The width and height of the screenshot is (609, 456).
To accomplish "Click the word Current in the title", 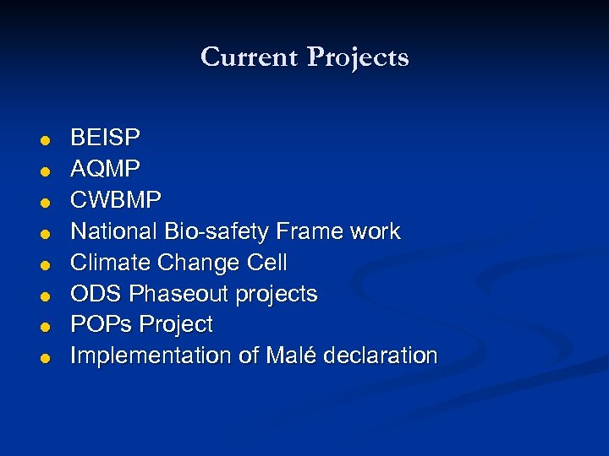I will (250, 57).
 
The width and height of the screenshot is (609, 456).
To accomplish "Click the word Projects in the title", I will (358, 58).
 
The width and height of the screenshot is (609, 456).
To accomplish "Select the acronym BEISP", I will (106, 137).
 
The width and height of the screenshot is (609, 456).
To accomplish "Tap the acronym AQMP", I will (105, 168).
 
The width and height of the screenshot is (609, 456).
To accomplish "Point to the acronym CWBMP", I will (115, 199).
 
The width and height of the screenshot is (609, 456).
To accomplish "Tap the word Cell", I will (267, 263).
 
